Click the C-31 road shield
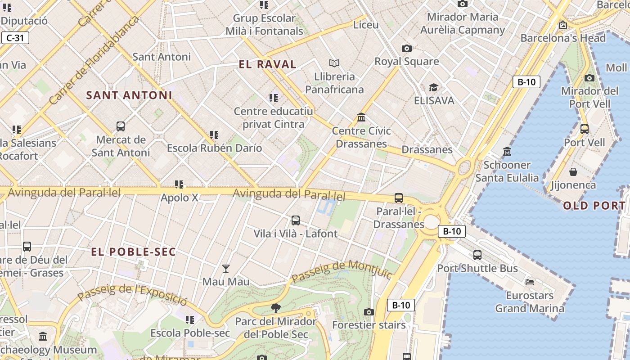15,38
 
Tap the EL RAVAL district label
267,64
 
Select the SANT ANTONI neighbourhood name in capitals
129,95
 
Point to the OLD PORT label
594,206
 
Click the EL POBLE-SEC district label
133,252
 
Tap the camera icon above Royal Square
406,48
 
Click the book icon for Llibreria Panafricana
334,63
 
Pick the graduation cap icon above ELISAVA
433,87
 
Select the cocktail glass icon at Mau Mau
226,269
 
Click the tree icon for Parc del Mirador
275,308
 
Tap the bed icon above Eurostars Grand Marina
530,282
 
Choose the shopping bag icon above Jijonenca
573,172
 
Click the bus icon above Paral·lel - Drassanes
398,198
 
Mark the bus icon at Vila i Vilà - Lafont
295,220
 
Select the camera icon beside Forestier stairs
369,312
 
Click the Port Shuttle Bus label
477,269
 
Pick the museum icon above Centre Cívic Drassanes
361,117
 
